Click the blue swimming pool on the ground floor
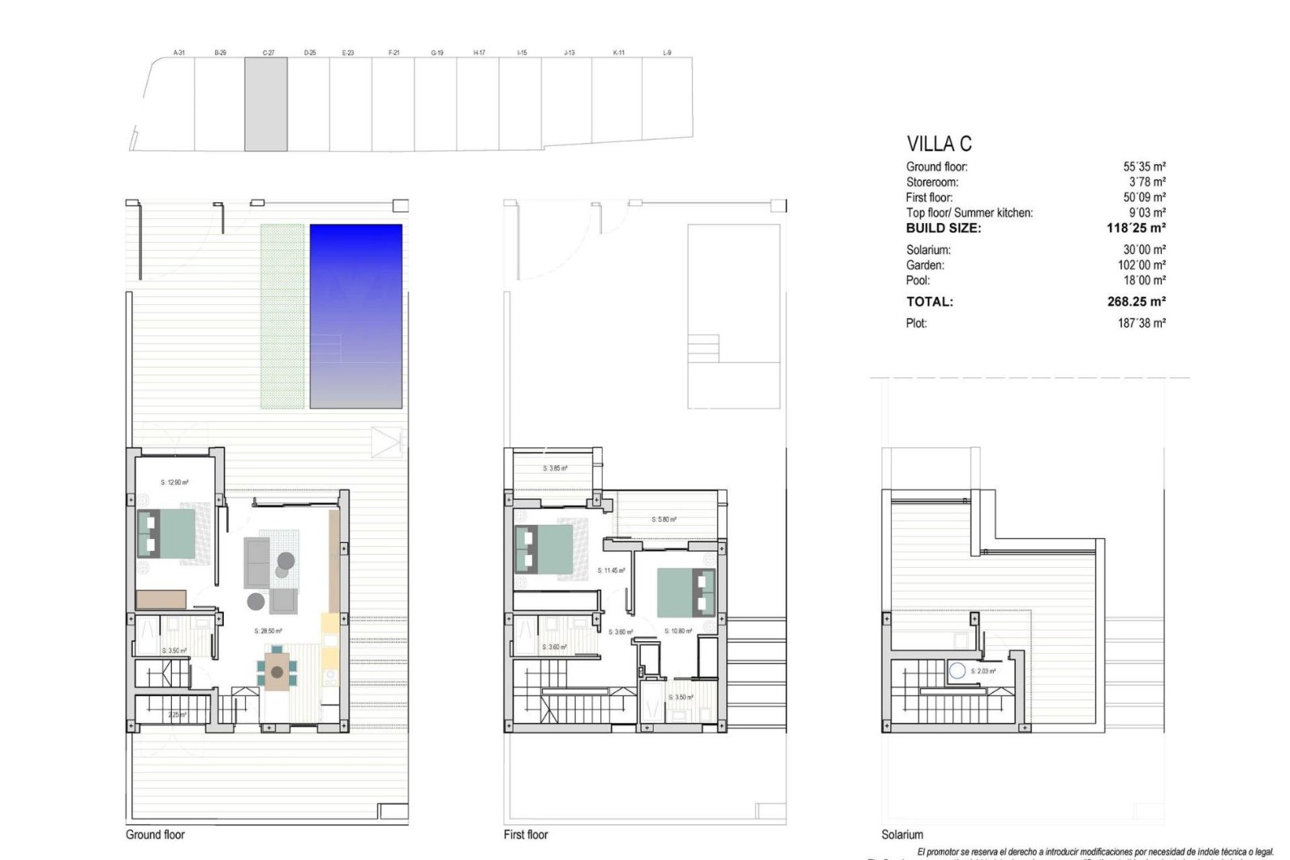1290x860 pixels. point(355,316)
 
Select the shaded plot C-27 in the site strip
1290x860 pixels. point(265,104)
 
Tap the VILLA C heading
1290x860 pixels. point(939,144)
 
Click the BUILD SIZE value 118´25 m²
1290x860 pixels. point(1136,228)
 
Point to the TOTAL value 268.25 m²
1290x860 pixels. point(1136,302)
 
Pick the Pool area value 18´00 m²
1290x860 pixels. point(1144,280)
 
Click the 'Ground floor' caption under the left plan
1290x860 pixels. point(155,835)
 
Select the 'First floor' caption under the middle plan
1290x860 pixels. point(526,835)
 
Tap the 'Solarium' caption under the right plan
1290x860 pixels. point(902,835)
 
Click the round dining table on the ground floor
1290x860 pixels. point(276,673)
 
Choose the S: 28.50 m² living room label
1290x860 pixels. point(268,631)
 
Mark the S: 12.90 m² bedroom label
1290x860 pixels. point(174,483)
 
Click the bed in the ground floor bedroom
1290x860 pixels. point(167,534)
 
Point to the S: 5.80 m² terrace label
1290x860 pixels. point(664,519)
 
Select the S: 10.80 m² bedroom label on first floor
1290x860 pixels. point(678,631)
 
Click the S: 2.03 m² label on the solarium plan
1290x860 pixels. point(983,671)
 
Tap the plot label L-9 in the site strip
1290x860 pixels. point(667,53)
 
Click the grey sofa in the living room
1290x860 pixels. point(256,561)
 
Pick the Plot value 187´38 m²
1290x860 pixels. point(1141,323)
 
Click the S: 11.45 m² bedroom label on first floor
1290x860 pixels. point(611,570)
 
